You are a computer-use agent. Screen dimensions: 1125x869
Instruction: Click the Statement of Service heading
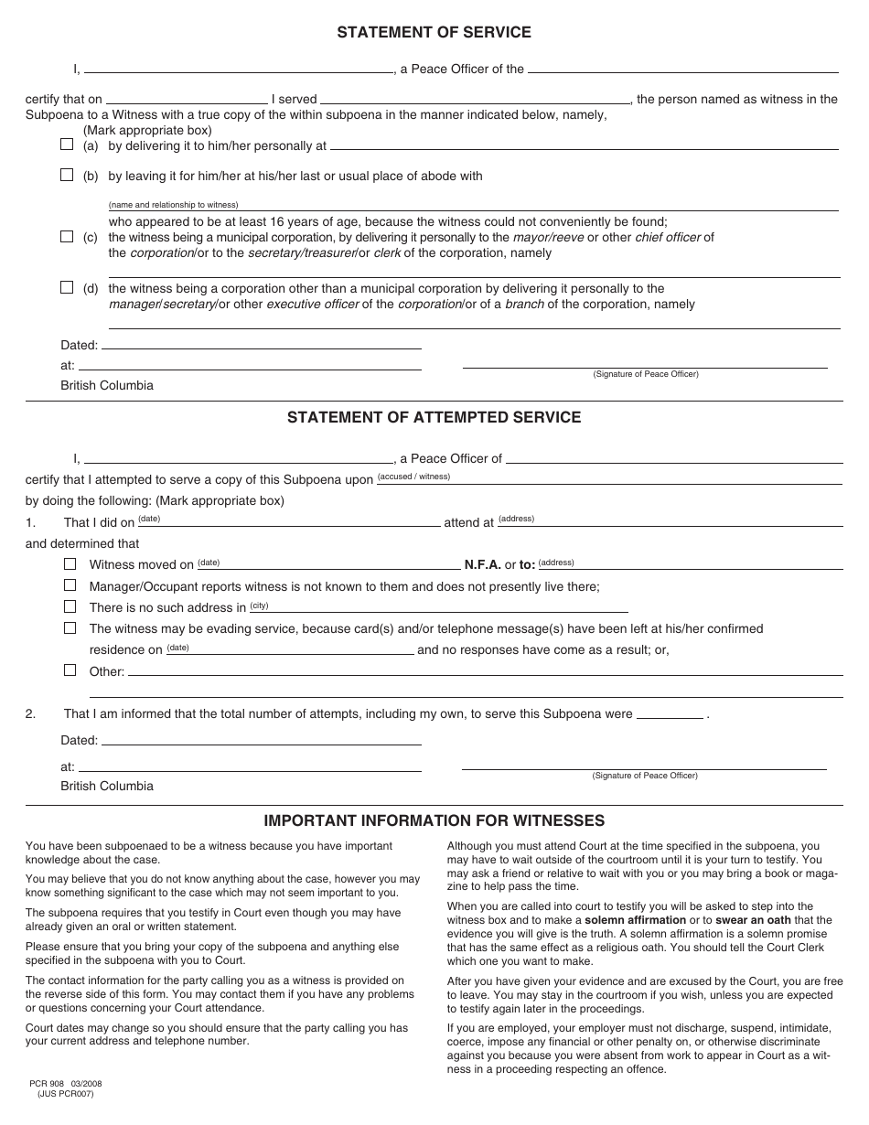(434, 32)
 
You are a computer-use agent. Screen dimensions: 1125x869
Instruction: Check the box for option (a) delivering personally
(67, 145)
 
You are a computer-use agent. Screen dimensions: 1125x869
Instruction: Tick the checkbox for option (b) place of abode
(67, 175)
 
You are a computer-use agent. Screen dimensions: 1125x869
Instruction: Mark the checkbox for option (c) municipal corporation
(67, 236)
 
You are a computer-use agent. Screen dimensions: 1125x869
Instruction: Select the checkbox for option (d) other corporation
(67, 287)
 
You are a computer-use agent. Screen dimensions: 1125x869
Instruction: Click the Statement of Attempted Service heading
(434, 417)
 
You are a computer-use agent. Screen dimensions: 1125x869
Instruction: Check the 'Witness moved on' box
(70, 563)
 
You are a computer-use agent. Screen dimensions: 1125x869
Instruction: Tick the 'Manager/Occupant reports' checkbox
(70, 585)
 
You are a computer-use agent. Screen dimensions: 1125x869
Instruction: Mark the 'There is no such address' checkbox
(70, 606)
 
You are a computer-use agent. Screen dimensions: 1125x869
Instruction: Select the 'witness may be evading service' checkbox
(70, 627)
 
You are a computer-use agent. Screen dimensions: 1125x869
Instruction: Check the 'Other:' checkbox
(70, 670)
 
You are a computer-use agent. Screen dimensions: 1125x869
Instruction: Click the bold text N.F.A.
(482, 564)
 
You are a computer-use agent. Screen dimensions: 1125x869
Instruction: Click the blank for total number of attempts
(670, 715)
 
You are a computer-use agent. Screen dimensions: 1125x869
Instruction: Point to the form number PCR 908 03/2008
(64, 1084)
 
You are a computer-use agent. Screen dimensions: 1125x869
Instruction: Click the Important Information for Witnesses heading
(434, 820)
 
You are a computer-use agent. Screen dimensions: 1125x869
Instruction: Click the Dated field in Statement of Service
(261, 345)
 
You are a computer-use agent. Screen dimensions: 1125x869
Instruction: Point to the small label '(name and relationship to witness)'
(173, 205)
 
